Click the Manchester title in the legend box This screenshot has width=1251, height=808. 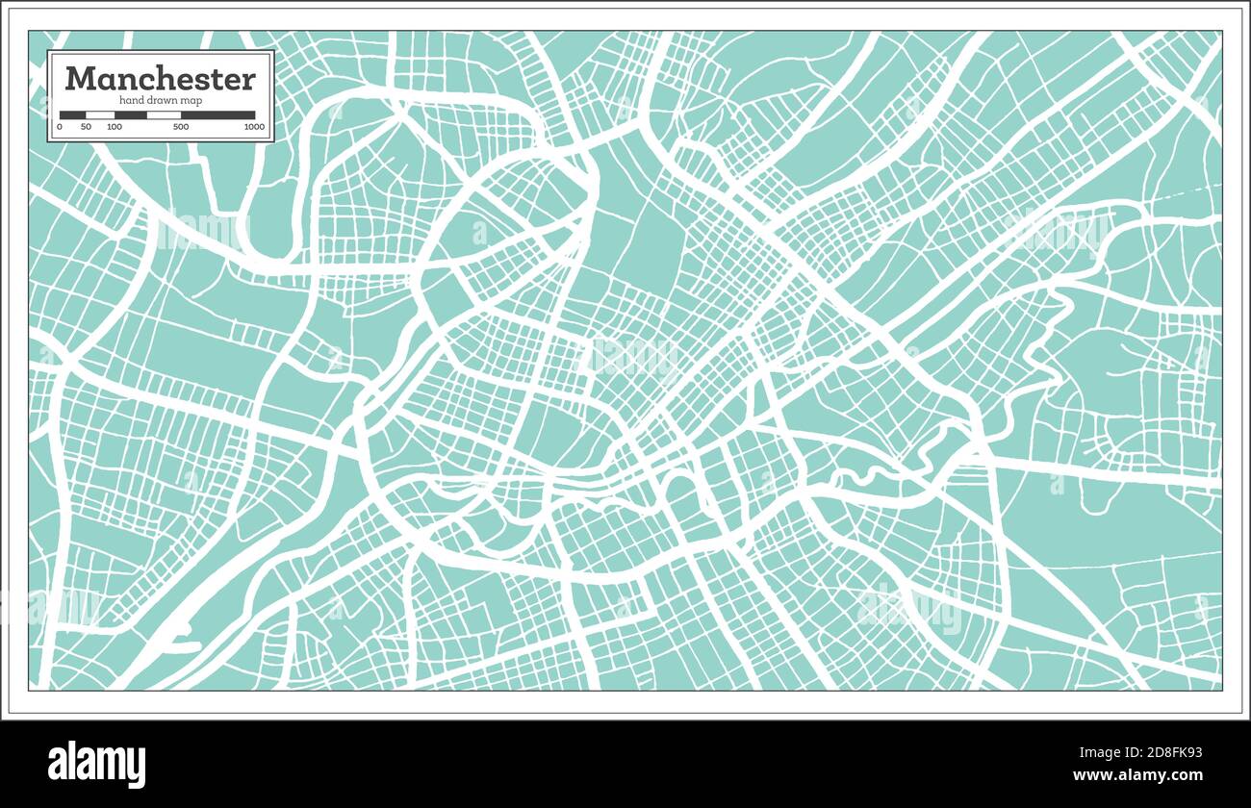coord(161,79)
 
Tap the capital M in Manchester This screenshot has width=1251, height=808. coord(80,79)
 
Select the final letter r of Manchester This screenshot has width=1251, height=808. coord(248,79)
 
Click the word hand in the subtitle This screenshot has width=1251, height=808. coord(131,101)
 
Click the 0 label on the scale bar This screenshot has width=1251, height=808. coord(60,127)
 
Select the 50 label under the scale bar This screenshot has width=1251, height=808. coord(87,127)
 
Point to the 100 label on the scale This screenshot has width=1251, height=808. coord(115,127)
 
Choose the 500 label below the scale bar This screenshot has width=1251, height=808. coord(181,127)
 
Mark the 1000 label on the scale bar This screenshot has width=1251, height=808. coord(254,127)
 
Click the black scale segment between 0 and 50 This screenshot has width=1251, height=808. coord(73,115)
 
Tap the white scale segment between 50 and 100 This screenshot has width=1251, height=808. coord(100,115)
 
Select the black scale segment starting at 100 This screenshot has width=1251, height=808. coord(130,115)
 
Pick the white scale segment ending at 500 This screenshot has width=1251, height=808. coord(164,115)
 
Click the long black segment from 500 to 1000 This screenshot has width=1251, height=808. coord(218,115)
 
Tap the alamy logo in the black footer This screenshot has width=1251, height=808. coord(97,765)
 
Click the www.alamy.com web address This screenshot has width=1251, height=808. coord(1137,775)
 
